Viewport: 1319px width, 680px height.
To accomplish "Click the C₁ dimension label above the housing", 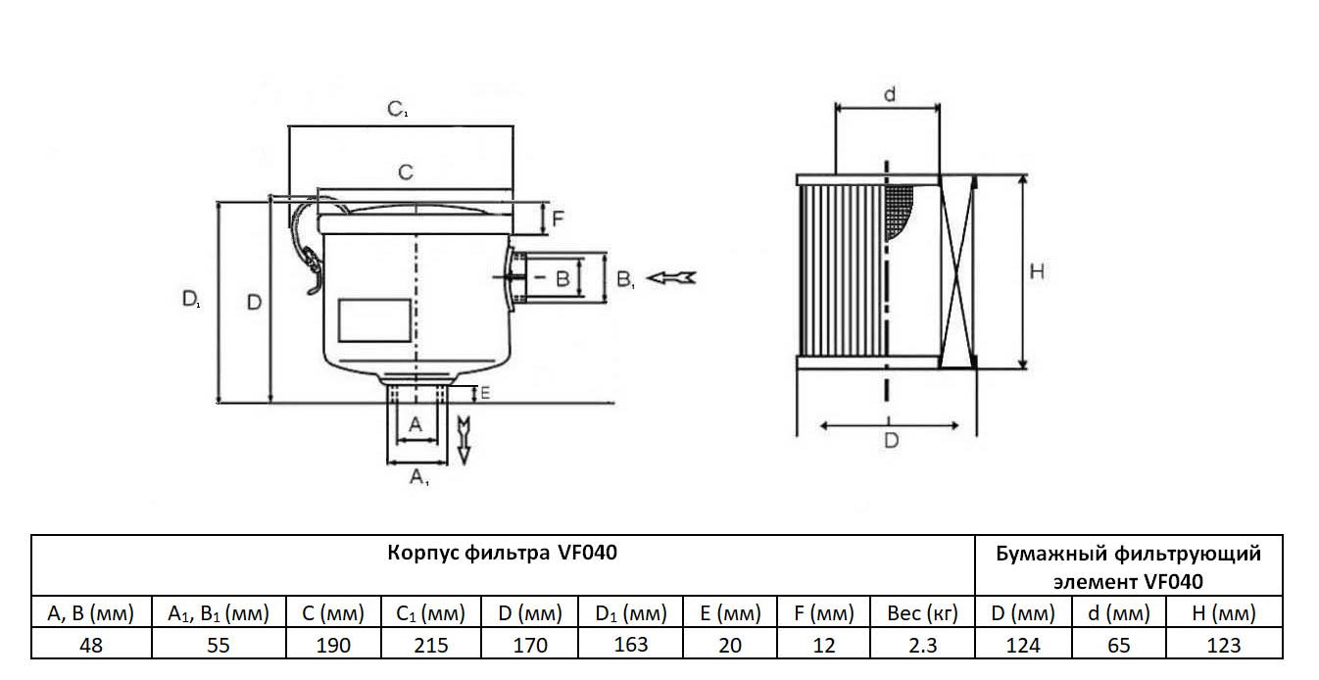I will point(397,109).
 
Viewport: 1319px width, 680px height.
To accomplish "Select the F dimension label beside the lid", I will point(557,219).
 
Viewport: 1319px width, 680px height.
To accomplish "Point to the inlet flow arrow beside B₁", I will point(674,278).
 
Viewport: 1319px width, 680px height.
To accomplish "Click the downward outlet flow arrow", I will point(464,437).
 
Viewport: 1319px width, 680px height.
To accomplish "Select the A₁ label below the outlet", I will point(418,478).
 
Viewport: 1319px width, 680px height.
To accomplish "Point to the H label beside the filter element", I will point(1037,271).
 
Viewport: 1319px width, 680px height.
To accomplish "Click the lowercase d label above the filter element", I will point(889,94).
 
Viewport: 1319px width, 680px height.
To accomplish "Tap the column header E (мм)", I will point(730,614).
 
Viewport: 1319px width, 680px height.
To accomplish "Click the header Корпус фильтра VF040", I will point(503,553).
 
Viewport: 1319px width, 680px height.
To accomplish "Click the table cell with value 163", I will point(630,645).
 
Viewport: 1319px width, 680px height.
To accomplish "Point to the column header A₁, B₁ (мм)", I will point(218,614).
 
